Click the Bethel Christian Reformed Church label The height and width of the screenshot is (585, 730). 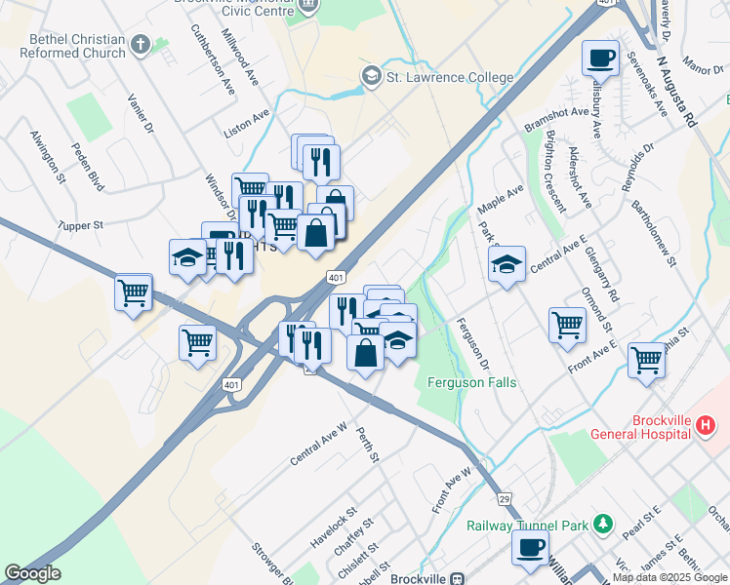(x=77, y=46)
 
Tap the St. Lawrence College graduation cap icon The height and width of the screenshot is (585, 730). (x=371, y=76)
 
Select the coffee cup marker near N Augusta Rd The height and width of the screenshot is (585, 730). (x=601, y=58)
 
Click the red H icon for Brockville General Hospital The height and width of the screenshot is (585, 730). (x=708, y=425)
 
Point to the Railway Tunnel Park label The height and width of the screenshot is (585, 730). (x=539, y=526)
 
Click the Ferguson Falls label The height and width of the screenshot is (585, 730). (x=471, y=382)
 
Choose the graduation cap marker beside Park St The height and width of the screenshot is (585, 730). (x=507, y=264)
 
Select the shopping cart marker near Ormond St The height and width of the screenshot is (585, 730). (x=567, y=325)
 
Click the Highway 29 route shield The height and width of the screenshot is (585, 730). (x=505, y=498)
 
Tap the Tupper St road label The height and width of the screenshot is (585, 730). (x=80, y=225)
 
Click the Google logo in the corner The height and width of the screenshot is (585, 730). (x=32, y=573)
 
